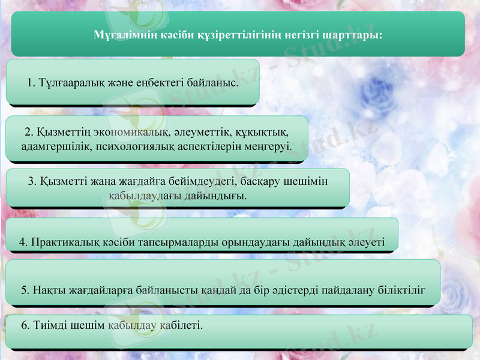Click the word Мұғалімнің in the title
click(124, 35)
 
